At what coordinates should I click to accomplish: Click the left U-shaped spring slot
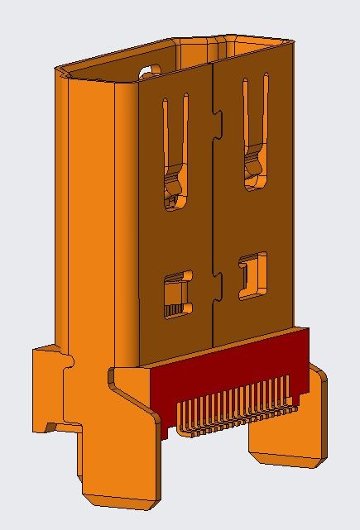tap(175, 141)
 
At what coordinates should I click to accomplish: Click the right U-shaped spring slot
tap(254, 124)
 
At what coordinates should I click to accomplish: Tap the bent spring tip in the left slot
tap(175, 189)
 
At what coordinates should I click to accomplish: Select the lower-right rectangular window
tap(253, 275)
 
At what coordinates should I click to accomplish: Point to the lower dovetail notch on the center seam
tap(218, 286)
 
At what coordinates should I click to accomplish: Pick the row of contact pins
tap(236, 411)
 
